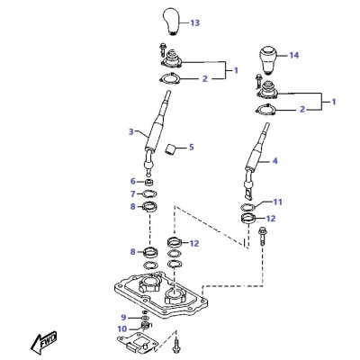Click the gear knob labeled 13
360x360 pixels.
coord(172,22)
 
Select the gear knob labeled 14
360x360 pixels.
coord(267,60)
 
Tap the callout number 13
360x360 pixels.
coord(194,22)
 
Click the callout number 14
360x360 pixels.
coord(294,55)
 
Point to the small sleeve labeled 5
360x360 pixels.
coord(172,149)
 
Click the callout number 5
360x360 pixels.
coord(191,148)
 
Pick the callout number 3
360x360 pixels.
coord(131,131)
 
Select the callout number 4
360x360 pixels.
coord(275,161)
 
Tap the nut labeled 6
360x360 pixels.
coord(149,182)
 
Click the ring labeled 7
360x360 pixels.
coord(149,194)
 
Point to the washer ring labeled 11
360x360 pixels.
coord(247,207)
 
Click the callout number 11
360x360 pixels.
coord(278,202)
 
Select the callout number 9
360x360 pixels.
coord(123,318)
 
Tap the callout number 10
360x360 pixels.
coord(122,329)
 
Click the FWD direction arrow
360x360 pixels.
coord(44,343)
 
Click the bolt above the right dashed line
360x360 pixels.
coord(261,236)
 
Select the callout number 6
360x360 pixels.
coord(133,182)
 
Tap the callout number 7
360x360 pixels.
coord(133,194)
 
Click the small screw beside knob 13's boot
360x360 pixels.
coord(163,49)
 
